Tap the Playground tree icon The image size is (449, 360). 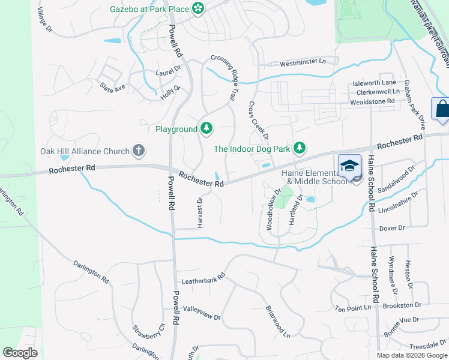click(206, 128)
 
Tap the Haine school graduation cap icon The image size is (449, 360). click(348, 165)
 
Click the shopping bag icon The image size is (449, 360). click(442, 109)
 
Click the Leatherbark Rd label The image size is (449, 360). click(203, 278)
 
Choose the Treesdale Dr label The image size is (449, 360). click(426, 346)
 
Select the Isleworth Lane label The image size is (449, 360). click(375, 82)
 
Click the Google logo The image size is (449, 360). click(20, 353)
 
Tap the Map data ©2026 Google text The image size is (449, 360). click(411, 355)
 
